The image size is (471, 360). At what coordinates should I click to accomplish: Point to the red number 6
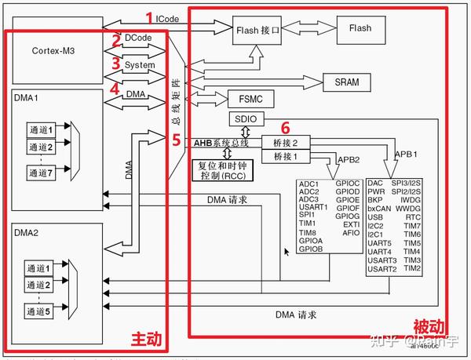[x=286, y=127]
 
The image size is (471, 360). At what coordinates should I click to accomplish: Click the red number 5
[x=176, y=140]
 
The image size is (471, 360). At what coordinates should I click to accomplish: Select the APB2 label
[x=348, y=159]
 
